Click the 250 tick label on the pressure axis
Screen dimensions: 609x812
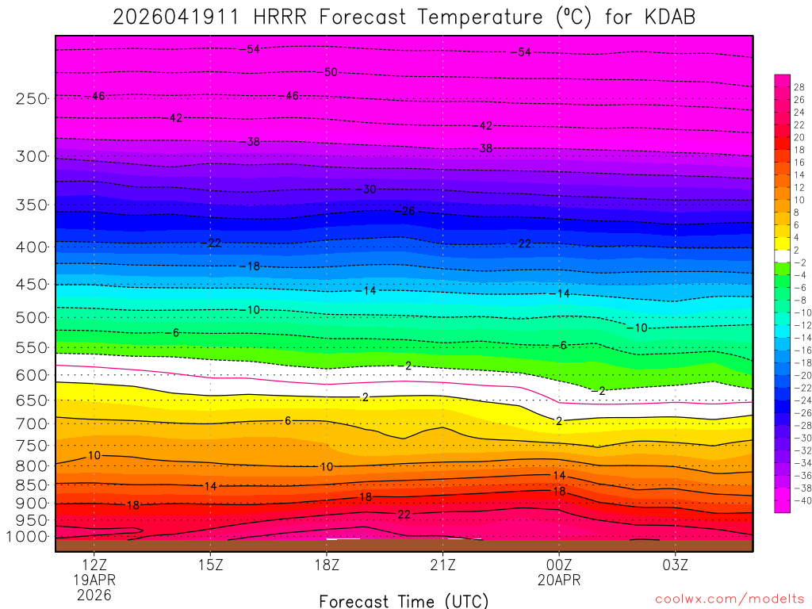(x=32, y=98)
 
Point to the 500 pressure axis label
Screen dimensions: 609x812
(x=32, y=317)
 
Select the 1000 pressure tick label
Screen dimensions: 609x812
(x=28, y=536)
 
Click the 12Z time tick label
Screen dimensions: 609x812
(x=94, y=565)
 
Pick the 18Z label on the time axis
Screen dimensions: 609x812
(x=326, y=565)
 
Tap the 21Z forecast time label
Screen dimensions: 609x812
(x=442, y=565)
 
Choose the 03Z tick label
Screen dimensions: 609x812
(x=675, y=565)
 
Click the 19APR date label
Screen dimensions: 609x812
(x=94, y=580)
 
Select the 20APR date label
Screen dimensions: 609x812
(x=558, y=580)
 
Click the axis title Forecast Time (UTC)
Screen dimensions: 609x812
(x=404, y=601)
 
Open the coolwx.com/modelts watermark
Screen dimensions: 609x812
(x=729, y=599)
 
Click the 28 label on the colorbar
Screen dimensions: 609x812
(x=799, y=87)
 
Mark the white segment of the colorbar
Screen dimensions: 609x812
(x=782, y=256)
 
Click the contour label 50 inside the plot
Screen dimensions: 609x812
(x=331, y=72)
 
